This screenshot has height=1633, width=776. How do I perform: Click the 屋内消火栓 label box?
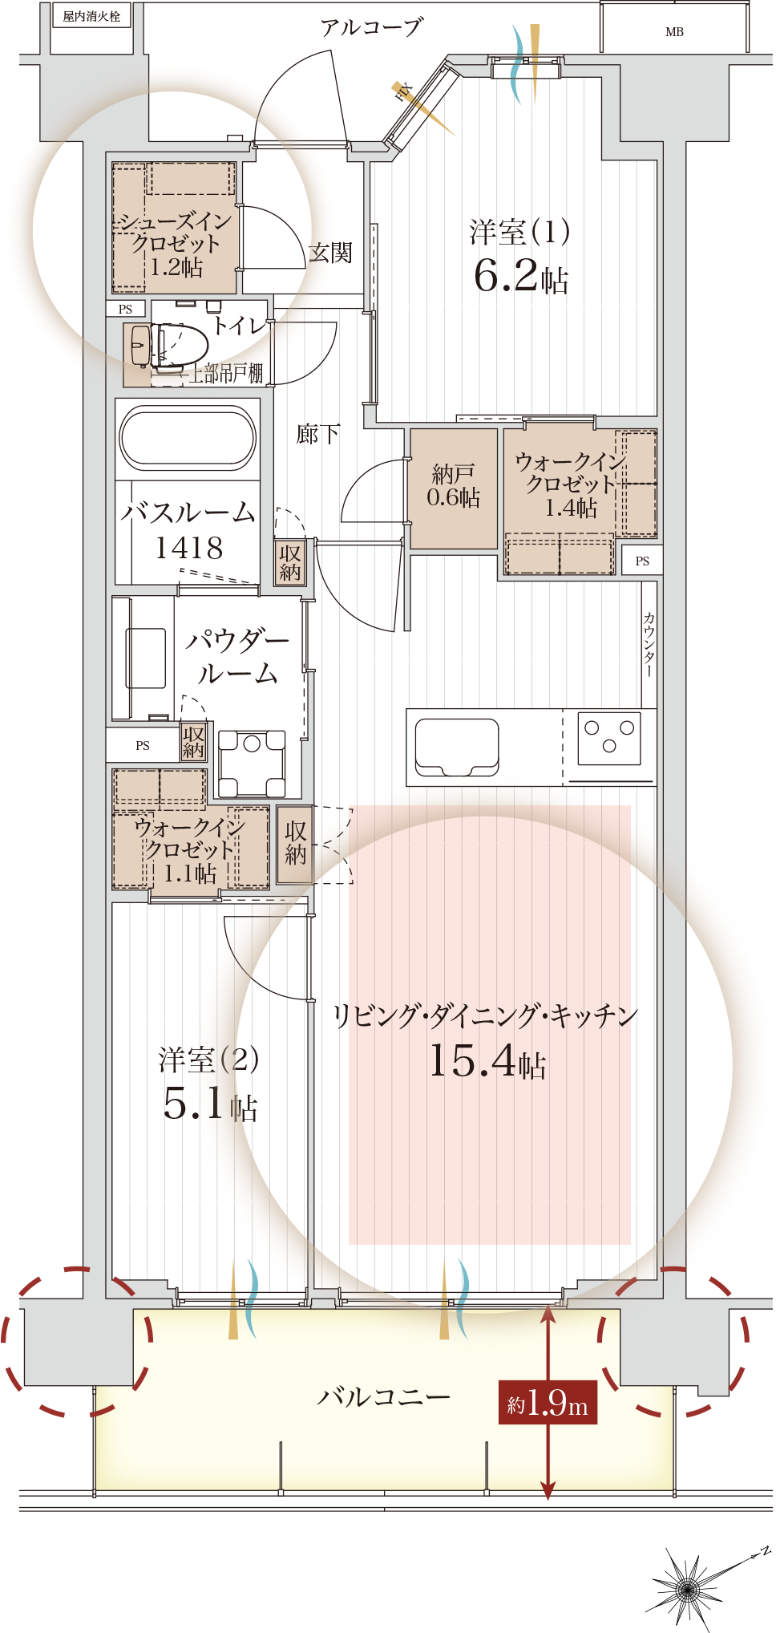[x=91, y=15]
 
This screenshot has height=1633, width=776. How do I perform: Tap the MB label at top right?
[x=674, y=32]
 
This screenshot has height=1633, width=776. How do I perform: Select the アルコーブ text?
[x=371, y=28]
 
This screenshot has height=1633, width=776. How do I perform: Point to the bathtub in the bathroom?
[x=188, y=437]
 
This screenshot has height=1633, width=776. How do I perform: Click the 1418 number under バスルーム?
[x=189, y=548]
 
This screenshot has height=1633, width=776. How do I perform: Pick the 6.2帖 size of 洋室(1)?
[x=520, y=276]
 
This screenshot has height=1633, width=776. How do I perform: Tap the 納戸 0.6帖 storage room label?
[x=453, y=486]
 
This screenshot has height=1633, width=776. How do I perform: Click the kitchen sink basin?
[x=457, y=747]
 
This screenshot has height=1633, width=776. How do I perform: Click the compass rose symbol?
[x=687, y=1586]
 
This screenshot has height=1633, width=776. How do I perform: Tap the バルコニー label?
[x=383, y=1397]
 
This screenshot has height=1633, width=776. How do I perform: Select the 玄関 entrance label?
[x=330, y=253]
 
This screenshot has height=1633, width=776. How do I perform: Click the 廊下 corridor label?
[x=318, y=434]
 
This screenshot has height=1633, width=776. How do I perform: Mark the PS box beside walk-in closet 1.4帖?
[x=642, y=561]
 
